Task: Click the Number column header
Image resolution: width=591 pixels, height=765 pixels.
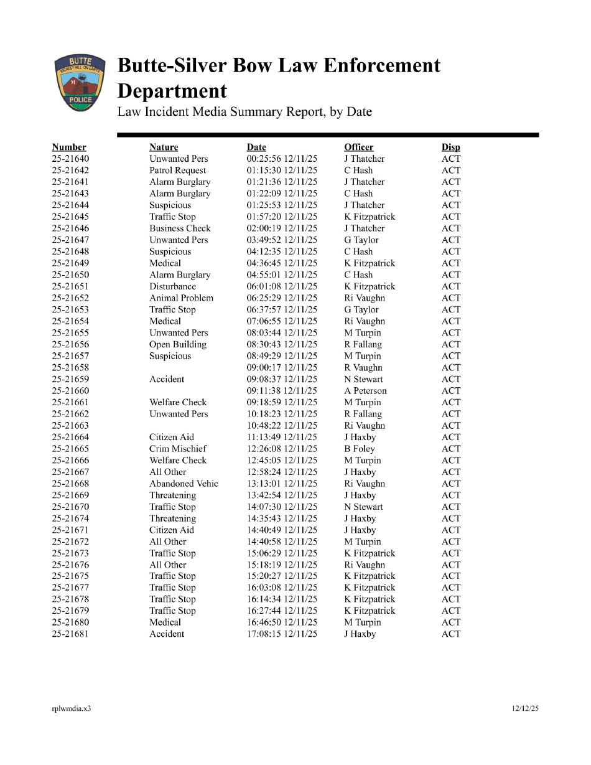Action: [x=69, y=147]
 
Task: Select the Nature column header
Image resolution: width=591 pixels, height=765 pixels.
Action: [x=164, y=147]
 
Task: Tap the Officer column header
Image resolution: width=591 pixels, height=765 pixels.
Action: [x=359, y=147]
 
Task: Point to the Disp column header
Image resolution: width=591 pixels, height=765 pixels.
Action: [x=451, y=147]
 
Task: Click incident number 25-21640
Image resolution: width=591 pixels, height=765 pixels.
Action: [x=70, y=159]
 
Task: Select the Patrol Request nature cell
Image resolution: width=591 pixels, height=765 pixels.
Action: [x=177, y=171]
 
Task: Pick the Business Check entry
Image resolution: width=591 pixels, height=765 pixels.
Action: [x=180, y=228]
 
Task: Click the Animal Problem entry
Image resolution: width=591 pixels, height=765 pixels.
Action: [x=181, y=298]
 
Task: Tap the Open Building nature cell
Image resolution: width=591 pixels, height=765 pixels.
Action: [x=178, y=344]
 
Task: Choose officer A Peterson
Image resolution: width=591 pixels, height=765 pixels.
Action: [x=365, y=391]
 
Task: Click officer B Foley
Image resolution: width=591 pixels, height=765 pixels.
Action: [x=360, y=449]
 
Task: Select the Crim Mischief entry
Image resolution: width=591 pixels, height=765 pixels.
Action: [x=178, y=449]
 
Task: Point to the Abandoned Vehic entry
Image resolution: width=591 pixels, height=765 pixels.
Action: [x=184, y=484]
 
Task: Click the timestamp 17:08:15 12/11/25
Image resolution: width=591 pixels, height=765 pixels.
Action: [x=282, y=634]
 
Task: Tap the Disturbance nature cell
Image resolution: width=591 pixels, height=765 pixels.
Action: [x=172, y=286]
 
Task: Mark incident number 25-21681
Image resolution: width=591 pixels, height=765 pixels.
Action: [x=70, y=634]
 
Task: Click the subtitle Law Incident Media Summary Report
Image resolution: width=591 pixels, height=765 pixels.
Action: [x=244, y=112]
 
